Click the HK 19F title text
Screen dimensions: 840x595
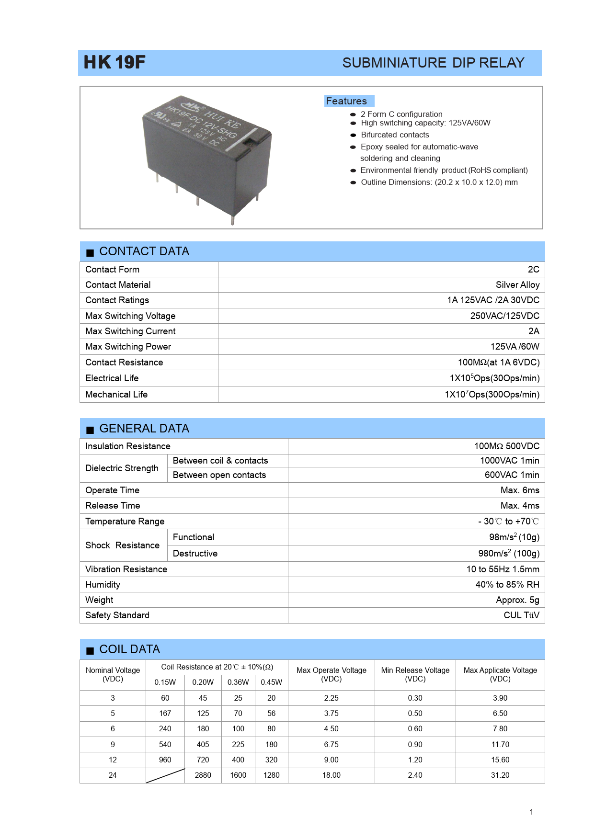pos(114,62)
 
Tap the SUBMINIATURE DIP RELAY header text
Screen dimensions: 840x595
pos(433,63)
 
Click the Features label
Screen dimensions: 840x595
pos(346,101)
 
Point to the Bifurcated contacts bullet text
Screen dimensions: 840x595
pos(395,135)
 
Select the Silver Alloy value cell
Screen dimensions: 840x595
pos(517,285)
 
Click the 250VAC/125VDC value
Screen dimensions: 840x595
pos(504,316)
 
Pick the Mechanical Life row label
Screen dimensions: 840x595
pos(116,395)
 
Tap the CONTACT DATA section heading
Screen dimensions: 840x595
pos(144,251)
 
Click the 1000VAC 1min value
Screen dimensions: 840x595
pos(509,461)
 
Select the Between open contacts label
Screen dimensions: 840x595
pos(219,475)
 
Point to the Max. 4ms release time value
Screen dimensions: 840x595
pos(520,506)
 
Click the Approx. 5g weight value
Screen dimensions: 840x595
pos(517,600)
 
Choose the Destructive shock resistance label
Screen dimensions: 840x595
pos(195,554)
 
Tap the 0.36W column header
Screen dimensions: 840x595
pos(238,682)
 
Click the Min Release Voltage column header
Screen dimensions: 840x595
pos(415,674)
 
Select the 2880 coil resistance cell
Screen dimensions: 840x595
pos(203,775)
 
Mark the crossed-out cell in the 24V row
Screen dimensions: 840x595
pos(165,775)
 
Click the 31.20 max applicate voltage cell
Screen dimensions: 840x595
pos(500,775)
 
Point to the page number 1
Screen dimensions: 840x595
pos(531,812)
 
